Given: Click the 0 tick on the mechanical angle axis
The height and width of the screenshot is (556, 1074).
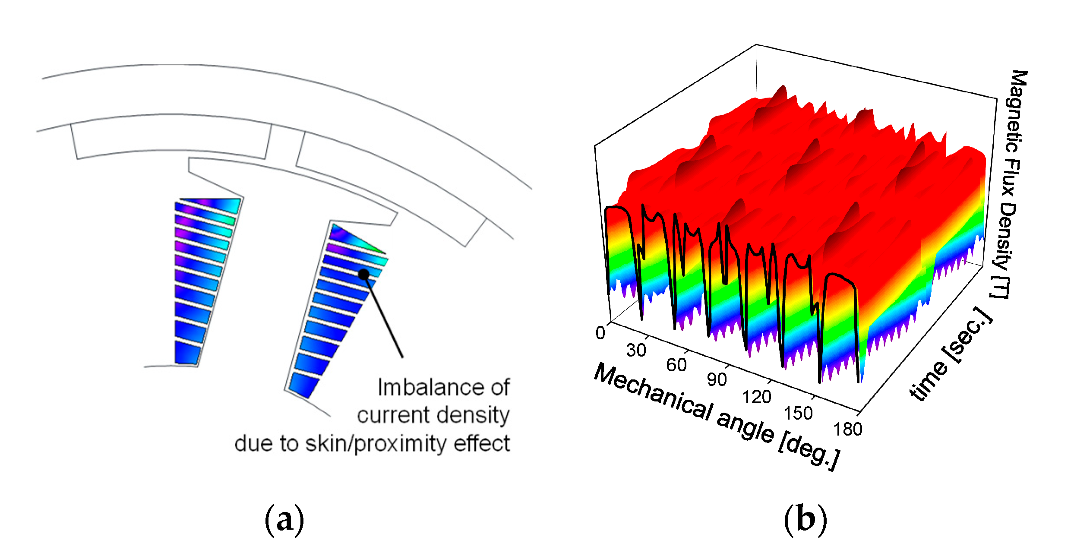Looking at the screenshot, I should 600,333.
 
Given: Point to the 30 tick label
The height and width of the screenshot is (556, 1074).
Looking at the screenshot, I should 636,350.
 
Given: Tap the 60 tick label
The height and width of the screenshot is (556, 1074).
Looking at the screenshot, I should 676,365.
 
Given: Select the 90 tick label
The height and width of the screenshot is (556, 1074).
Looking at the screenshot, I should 717,380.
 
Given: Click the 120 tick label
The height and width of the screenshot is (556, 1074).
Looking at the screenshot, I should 757,397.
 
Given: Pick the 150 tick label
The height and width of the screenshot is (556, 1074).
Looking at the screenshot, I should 798,414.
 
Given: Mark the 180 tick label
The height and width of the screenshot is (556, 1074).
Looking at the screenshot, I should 848,430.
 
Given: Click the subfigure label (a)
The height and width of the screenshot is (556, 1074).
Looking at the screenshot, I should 284,520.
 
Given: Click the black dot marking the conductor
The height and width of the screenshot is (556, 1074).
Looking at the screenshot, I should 364,274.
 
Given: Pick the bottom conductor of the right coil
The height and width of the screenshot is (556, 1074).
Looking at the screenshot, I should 303,384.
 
